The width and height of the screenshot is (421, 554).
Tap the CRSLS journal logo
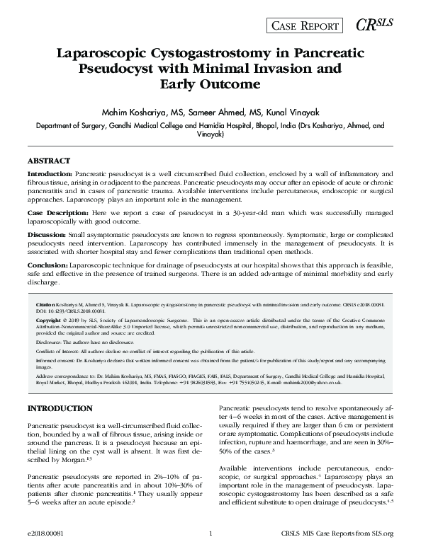(374, 25)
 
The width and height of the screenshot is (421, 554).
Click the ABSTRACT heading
(49, 161)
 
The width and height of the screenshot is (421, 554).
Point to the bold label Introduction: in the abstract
(49, 173)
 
